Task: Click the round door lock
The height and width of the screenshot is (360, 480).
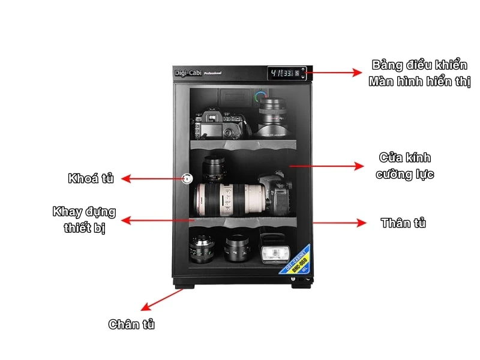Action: click(x=188, y=179)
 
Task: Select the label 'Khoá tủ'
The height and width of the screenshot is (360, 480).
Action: click(x=91, y=178)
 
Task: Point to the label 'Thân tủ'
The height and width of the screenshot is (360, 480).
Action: click(x=403, y=223)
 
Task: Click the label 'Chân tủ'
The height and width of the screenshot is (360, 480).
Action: click(x=131, y=325)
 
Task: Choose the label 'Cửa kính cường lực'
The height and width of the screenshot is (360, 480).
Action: click(x=404, y=166)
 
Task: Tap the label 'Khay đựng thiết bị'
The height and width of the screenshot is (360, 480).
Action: click(x=84, y=220)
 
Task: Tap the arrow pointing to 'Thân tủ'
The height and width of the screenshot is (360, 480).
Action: click(x=339, y=223)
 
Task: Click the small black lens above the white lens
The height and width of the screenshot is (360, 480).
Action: click(x=212, y=168)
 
